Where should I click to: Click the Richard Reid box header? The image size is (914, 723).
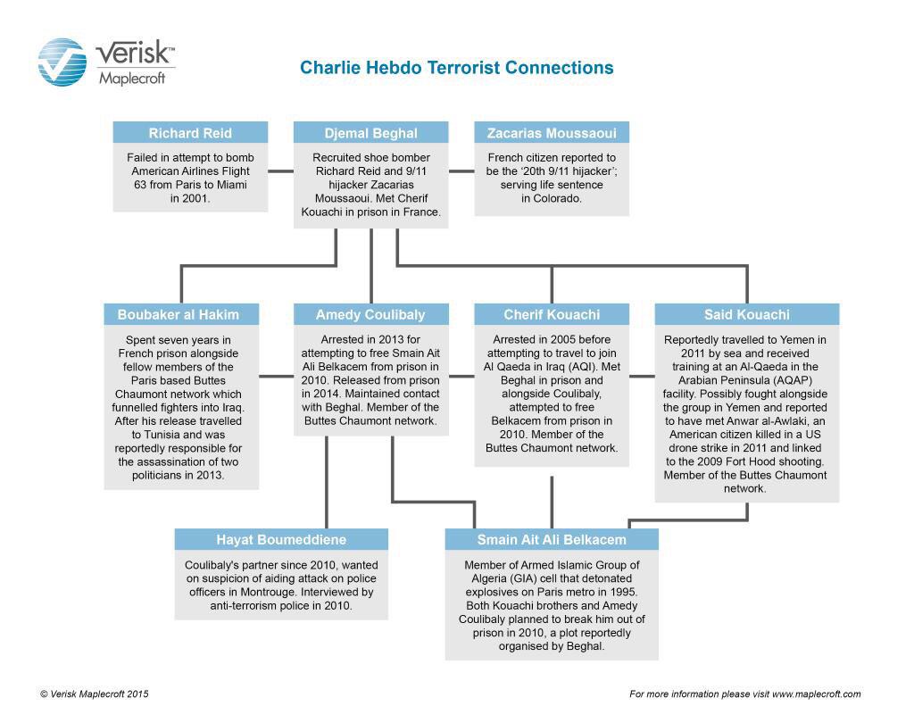[190, 133]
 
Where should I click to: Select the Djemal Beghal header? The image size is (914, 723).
[370, 133]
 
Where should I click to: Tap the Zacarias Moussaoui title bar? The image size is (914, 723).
[551, 133]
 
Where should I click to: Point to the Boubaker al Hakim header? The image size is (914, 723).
[181, 314]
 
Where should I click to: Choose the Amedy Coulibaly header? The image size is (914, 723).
[370, 314]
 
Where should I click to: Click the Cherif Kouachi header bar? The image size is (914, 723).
[551, 314]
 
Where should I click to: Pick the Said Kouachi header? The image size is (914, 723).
[746, 314]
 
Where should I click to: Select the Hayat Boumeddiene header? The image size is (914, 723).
[281, 539]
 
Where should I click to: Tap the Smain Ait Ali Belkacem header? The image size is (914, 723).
[551, 539]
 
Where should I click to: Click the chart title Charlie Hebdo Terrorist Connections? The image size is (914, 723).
[456, 68]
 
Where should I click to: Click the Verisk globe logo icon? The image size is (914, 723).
[62, 62]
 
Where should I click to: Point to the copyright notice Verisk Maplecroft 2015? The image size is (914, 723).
[95, 694]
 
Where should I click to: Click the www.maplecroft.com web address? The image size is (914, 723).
[816, 694]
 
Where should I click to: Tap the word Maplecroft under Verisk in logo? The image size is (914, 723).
[131, 79]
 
